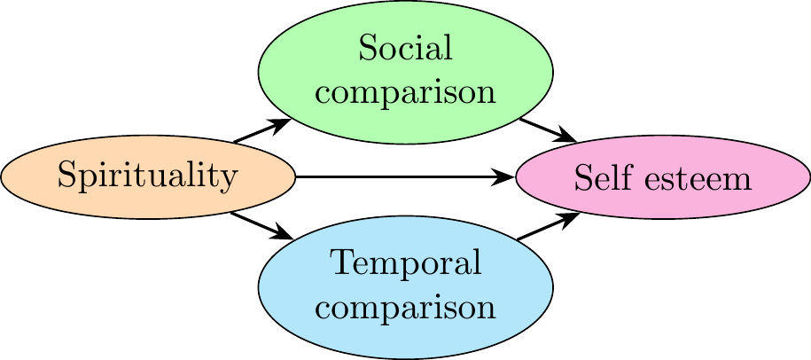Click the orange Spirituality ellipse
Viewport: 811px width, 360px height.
[x=147, y=177]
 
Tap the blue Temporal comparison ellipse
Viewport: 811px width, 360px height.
[x=405, y=286]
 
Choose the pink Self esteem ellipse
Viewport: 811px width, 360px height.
[x=662, y=177]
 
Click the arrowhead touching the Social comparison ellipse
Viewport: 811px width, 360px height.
[x=282, y=123]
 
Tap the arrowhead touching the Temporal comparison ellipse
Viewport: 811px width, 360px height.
[x=282, y=234]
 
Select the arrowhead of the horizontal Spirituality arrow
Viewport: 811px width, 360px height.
[x=505, y=177]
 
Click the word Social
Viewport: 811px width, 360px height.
[x=405, y=49]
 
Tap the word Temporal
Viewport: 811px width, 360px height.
[x=405, y=264]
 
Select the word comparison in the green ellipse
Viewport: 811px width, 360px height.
[x=405, y=91]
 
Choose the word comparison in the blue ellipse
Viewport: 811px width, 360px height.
[x=405, y=308]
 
